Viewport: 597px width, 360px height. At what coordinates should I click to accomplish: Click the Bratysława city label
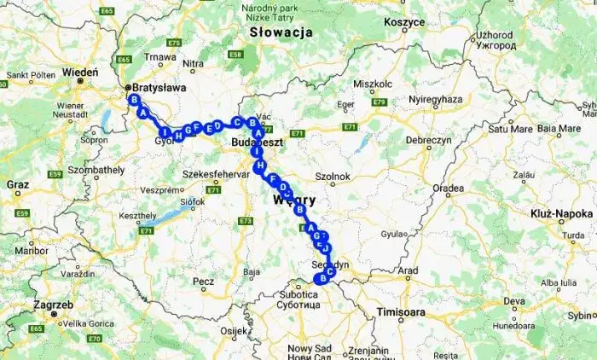click(x=159, y=87)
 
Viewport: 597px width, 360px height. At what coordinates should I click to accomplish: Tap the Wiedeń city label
click(x=79, y=73)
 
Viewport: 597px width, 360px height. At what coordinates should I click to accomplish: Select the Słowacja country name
click(x=278, y=32)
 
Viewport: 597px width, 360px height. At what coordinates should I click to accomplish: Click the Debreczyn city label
click(x=428, y=139)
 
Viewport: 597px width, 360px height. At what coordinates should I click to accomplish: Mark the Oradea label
click(x=448, y=189)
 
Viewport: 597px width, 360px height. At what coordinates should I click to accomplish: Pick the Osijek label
click(x=233, y=330)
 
